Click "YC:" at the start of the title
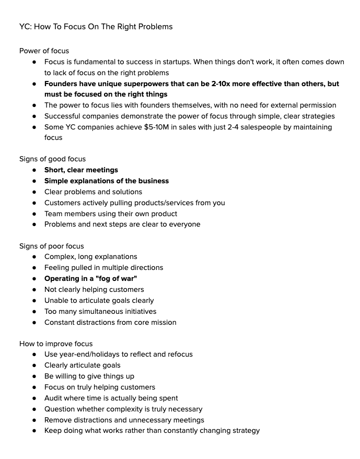point(26,26)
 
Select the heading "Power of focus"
point(44,51)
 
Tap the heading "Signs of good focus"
point(52,159)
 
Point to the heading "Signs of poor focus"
point(51,246)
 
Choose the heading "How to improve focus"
point(56,344)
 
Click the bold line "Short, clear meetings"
point(81,170)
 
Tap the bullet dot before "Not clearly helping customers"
point(34,289)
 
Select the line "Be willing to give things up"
point(89,376)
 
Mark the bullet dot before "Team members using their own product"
point(34,214)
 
